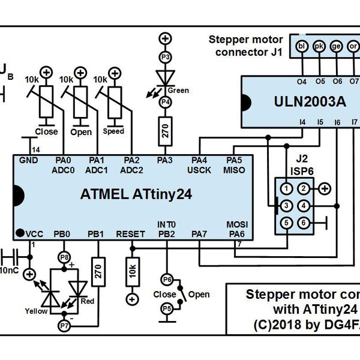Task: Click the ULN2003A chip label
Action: coord(307,102)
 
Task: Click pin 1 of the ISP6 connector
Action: coord(288,188)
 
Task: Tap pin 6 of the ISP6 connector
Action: coord(305,223)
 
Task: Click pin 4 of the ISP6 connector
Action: coord(305,206)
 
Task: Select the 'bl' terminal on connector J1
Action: coord(302,46)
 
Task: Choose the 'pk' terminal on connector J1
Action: coord(320,46)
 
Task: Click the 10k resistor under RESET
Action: coord(131,273)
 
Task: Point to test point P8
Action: coord(64,257)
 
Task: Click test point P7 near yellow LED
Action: coord(64,325)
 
